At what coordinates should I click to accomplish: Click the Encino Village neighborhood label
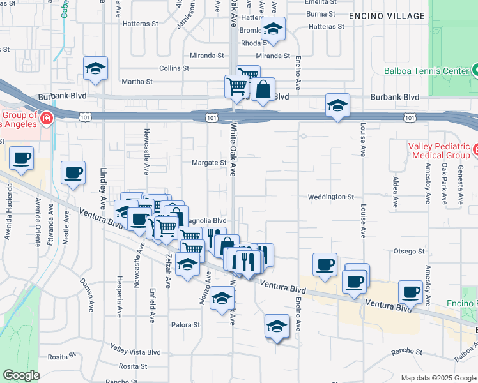point(387,15)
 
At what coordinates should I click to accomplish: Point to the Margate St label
point(209,163)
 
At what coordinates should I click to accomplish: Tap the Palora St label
point(186,325)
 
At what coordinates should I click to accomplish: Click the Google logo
point(21,375)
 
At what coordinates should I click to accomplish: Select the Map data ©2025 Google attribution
point(438,378)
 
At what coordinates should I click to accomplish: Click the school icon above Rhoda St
point(273,29)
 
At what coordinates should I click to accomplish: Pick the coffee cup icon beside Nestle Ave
point(73,172)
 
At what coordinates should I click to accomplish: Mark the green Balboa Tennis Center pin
point(475,70)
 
